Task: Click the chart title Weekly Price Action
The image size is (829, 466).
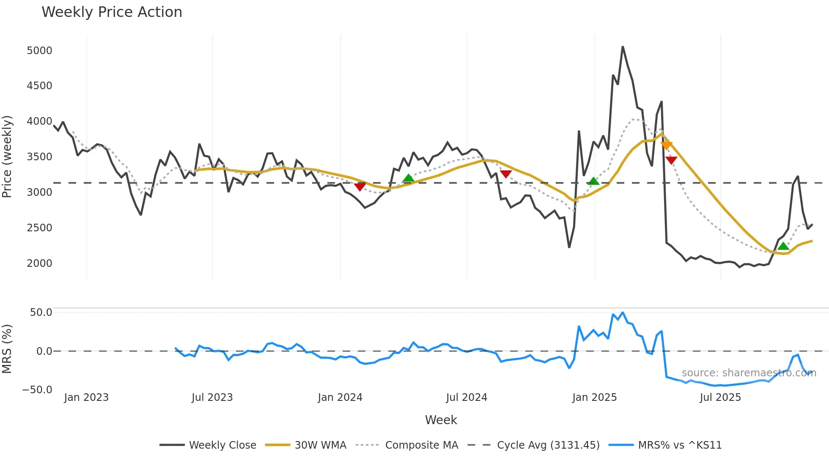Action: point(112,12)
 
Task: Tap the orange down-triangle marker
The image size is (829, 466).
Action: point(666,145)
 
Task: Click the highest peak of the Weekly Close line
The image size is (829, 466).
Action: point(623,47)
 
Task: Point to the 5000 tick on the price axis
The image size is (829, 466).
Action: point(39,51)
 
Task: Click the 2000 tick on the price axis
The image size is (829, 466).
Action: point(39,263)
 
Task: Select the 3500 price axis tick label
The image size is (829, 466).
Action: point(39,157)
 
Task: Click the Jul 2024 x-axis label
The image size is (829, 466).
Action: point(467,397)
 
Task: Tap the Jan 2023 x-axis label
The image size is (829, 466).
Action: point(86,397)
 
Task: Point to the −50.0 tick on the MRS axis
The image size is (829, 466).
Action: point(37,389)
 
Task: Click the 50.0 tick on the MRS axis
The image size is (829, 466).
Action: point(41,312)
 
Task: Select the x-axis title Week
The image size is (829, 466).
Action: point(441,420)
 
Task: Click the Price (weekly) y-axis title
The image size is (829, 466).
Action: point(7,156)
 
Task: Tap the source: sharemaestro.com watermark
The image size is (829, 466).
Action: point(749,373)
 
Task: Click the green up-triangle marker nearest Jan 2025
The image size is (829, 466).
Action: point(593,181)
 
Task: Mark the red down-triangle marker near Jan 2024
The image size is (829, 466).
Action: point(360,186)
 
